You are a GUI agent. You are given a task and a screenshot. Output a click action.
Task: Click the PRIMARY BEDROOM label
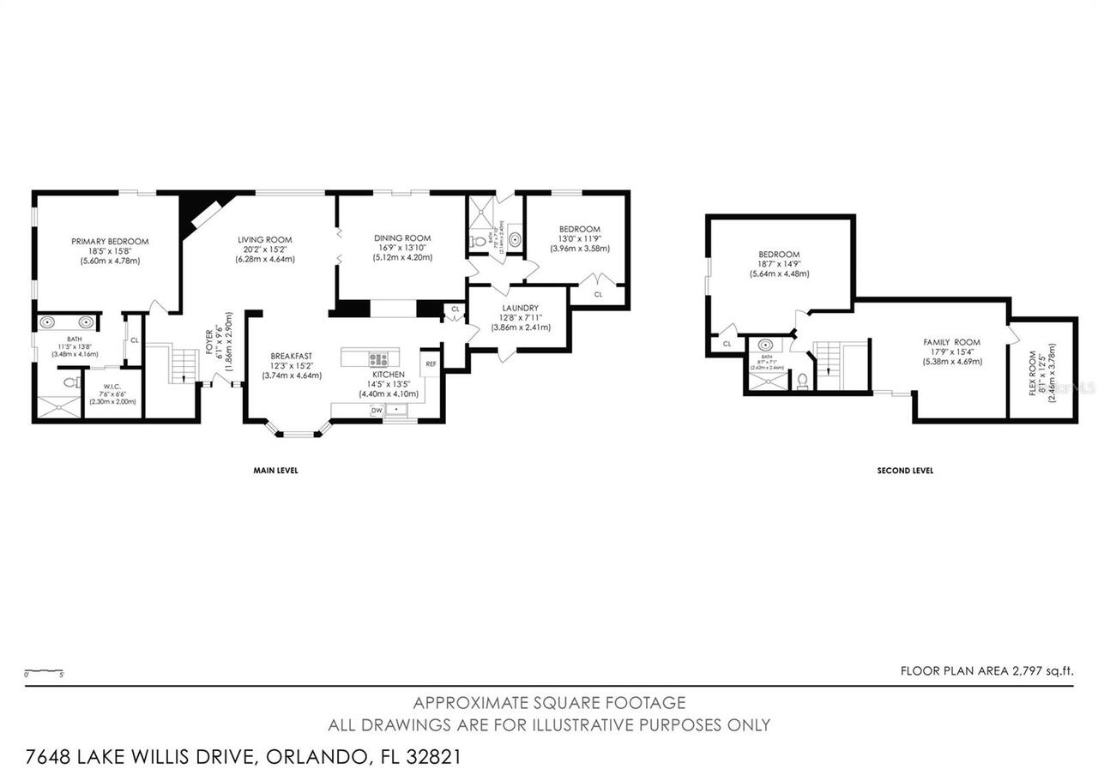pos(110,242)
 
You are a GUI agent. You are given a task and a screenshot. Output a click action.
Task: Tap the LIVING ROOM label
pos(265,240)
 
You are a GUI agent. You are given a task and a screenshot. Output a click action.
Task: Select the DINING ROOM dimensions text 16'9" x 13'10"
pos(401,249)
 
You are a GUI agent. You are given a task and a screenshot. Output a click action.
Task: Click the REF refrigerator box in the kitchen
pos(430,363)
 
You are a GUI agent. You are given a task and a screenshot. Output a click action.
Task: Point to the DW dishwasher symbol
pos(377,411)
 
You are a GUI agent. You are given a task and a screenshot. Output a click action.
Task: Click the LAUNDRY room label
pos(521,308)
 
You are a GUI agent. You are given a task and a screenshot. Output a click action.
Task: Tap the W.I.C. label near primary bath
pos(113,386)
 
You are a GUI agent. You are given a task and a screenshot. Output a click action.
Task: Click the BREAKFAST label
pos(291,356)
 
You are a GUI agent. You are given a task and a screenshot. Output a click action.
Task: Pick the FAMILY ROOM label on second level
pos(951,342)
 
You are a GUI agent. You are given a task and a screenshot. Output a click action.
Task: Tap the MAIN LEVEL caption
pos(274,471)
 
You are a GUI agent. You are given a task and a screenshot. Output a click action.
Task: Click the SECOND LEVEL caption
pos(905,471)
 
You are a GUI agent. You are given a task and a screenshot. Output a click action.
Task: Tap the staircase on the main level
pos(183,364)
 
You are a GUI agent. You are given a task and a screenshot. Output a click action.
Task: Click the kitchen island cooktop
pos(378,358)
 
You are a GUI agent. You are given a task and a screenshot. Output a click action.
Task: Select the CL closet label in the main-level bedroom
pos(598,294)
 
